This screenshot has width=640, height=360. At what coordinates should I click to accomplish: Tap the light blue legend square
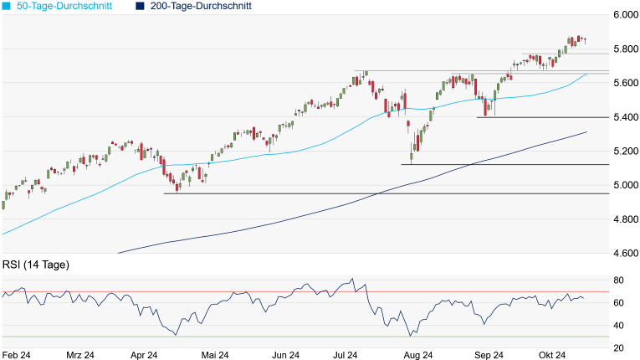6,6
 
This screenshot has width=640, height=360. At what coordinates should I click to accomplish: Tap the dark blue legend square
139,6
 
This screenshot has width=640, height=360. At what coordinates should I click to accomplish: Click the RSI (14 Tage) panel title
36,265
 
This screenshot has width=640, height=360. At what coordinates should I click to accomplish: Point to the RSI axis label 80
619,280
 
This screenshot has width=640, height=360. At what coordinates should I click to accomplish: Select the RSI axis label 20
619,348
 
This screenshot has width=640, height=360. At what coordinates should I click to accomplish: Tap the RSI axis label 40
619,326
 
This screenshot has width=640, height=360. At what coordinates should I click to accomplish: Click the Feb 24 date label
16,355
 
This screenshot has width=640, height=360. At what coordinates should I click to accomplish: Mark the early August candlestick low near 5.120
412,161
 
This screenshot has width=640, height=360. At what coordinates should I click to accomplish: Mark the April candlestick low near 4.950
177,190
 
